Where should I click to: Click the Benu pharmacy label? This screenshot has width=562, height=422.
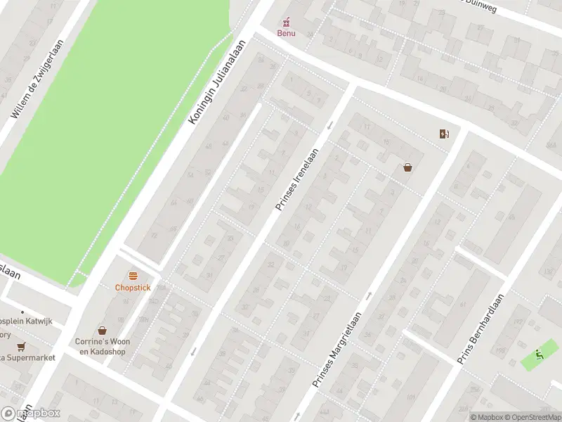pos(286,33)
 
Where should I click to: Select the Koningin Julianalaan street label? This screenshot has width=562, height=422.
pos(220,82)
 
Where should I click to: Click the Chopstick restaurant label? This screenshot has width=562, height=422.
pos(133,287)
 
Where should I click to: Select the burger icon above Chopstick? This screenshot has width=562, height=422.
pos(133,276)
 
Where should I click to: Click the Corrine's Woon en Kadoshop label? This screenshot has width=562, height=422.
pos(103,346)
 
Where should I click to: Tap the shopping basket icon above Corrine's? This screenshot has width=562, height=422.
pos(103,330)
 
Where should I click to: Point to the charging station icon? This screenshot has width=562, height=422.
pos(444,134)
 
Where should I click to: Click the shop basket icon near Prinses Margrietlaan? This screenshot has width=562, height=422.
pos(407,167)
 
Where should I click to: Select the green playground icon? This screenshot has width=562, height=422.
pos(538,354)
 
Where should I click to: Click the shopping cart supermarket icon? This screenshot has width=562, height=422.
pos(21,346)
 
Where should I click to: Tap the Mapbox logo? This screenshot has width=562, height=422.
pos(31,414)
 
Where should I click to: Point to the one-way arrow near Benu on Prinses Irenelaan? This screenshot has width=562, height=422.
pos(329,126)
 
